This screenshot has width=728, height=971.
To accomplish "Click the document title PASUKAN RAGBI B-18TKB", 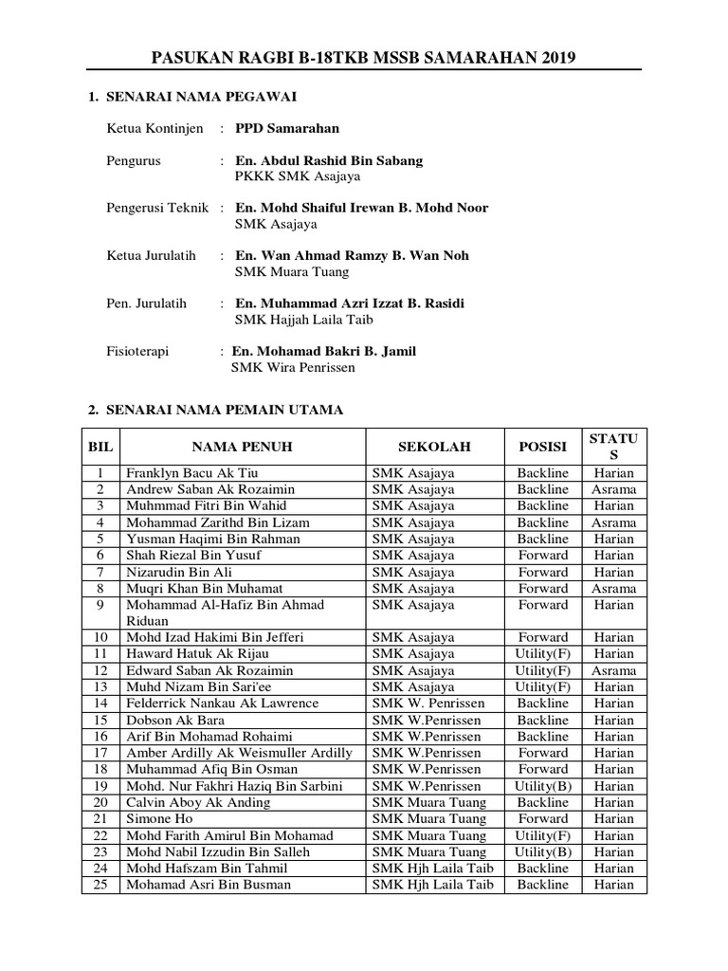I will point(363,59).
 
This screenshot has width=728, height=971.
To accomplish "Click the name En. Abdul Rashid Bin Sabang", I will point(329,160).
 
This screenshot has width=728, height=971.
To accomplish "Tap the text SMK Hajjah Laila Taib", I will point(297,320).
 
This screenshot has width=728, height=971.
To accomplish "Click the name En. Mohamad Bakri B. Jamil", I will point(324,351).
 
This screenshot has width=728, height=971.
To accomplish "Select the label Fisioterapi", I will point(137,351).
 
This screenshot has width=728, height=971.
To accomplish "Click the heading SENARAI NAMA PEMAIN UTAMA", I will point(224,410).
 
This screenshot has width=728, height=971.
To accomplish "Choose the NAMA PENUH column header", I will point(242,446).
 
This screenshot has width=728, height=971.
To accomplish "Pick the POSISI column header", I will point(542,446).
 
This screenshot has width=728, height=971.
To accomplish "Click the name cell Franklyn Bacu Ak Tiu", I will point(191,473).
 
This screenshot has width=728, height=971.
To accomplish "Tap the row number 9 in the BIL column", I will point(100,605).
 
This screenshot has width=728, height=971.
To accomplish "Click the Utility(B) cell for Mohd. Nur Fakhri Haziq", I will point(542,786).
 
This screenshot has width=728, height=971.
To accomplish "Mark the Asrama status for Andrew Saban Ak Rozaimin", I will point(613,489).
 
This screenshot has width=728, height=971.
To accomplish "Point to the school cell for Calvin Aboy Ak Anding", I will point(427,802).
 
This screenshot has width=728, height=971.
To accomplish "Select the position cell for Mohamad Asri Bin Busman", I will point(542,885).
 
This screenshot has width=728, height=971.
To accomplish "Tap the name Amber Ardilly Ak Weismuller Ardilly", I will point(239,753).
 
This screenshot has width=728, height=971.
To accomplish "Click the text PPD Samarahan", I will point(287,128).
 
